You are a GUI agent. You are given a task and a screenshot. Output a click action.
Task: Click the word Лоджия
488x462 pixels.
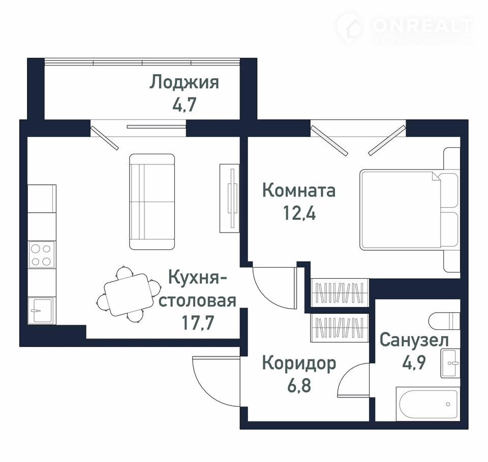click(x=184, y=83)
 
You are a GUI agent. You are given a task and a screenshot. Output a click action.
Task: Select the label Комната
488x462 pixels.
click(x=299, y=190)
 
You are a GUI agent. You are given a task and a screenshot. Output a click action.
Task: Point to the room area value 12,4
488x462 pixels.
click(x=299, y=213)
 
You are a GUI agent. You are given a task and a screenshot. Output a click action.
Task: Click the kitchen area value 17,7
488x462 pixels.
click(x=198, y=322)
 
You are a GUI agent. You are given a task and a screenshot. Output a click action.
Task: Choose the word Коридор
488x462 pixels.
click(x=299, y=364)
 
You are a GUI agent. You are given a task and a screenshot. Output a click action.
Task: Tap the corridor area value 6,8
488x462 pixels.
click(x=299, y=385)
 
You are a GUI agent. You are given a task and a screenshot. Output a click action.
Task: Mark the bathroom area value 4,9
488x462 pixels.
click(x=414, y=362)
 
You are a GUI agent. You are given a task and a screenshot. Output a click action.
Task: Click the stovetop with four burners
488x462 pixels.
click(x=41, y=255)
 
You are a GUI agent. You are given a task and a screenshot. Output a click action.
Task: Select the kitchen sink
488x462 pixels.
click(x=41, y=310)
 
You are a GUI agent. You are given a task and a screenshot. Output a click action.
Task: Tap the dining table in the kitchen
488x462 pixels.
click(x=129, y=294)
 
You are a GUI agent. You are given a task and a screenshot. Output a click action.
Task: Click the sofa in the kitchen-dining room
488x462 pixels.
click(x=152, y=202)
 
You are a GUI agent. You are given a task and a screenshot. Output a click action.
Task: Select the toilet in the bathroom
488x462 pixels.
click(x=444, y=320)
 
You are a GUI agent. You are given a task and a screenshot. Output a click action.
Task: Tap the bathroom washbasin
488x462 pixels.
click(x=450, y=363)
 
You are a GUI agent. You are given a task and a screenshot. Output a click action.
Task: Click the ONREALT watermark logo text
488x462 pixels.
click(x=421, y=25)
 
